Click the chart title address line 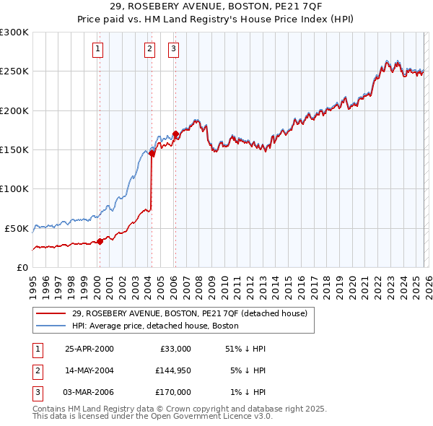216,6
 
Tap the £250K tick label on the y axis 14,71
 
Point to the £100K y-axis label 14,188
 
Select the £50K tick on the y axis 17,228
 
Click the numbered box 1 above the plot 97,49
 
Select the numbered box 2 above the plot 149,49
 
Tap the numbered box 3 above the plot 174,49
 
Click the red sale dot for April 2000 100,241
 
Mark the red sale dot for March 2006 175,134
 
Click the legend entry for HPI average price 159,326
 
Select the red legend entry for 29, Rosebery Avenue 189,313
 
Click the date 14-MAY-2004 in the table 89,370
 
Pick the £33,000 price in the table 175,349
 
